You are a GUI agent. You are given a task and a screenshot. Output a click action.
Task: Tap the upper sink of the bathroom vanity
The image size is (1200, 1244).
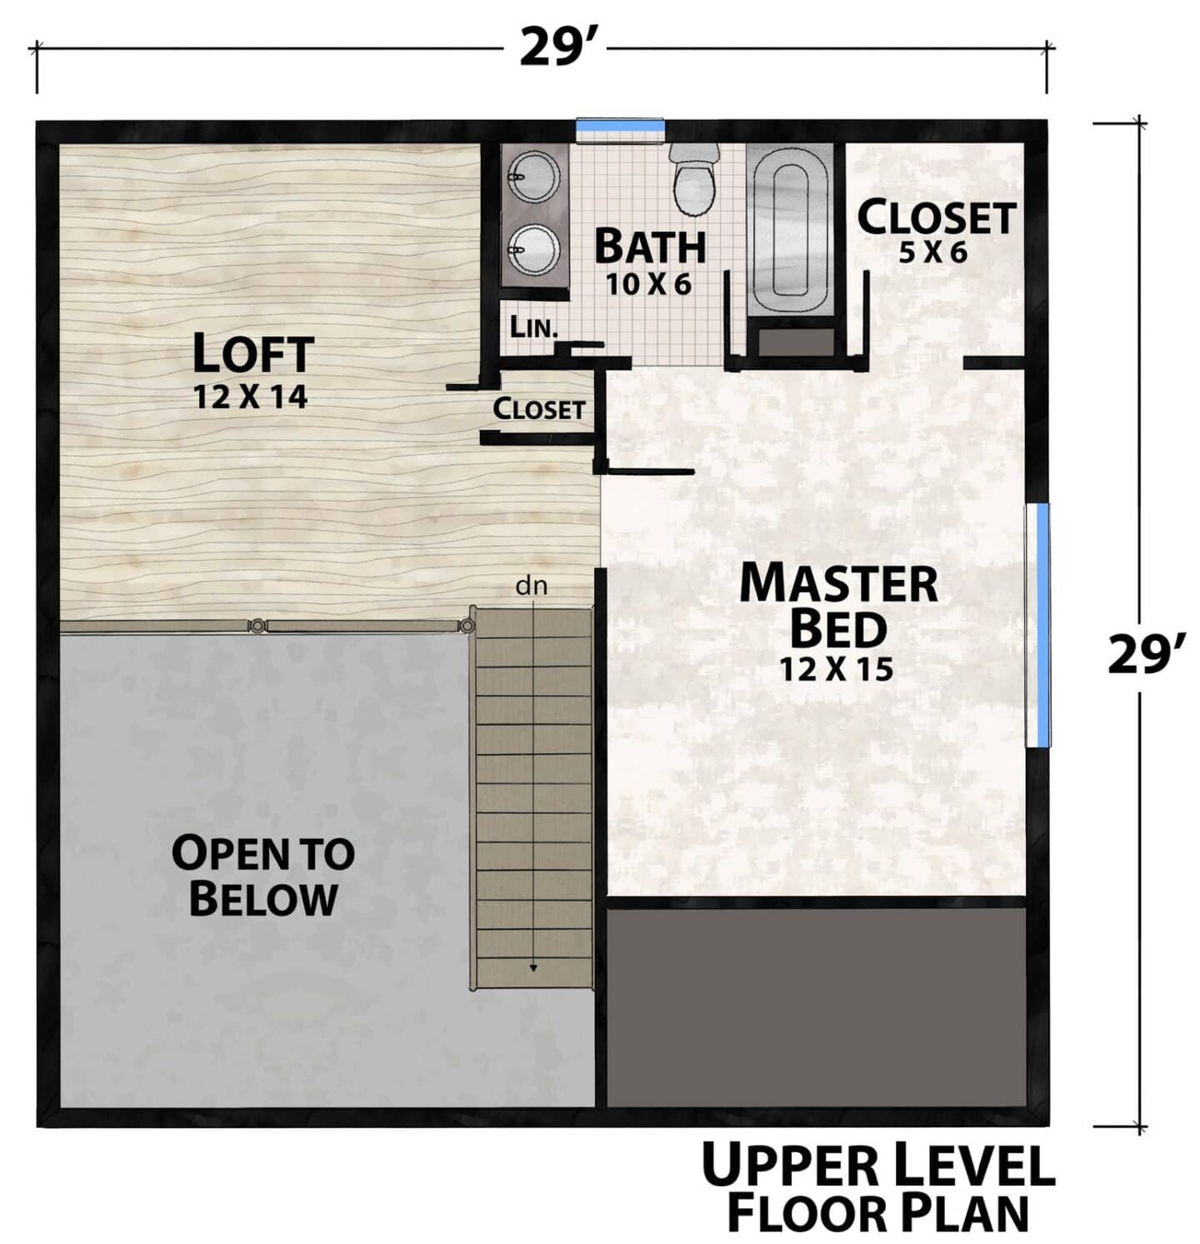pyautogui.click(x=527, y=177)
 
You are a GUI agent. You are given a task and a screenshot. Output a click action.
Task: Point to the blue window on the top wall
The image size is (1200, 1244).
pyautogui.click(x=621, y=126)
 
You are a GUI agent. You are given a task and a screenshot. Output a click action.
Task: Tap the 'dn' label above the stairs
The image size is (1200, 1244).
pyautogui.click(x=532, y=587)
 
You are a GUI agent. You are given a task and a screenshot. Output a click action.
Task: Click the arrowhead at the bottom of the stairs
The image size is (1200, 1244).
pyautogui.click(x=532, y=967)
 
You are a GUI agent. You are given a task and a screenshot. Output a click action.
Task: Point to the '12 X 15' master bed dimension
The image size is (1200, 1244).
pyautogui.click(x=837, y=668)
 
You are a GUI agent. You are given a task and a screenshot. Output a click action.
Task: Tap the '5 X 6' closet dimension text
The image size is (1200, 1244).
pyautogui.click(x=933, y=252)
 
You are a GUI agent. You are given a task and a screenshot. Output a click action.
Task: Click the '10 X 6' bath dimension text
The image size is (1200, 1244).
pyautogui.click(x=648, y=284)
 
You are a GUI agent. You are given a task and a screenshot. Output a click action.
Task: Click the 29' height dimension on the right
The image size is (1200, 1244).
pyautogui.click(x=1146, y=655)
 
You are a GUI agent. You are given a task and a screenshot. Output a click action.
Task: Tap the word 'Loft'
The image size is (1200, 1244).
pyautogui.click(x=253, y=353)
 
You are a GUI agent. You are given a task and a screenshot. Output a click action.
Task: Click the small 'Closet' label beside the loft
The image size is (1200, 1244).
pyautogui.click(x=538, y=409)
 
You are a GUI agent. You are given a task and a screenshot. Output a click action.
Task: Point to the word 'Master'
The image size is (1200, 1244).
pyautogui.click(x=838, y=583)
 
